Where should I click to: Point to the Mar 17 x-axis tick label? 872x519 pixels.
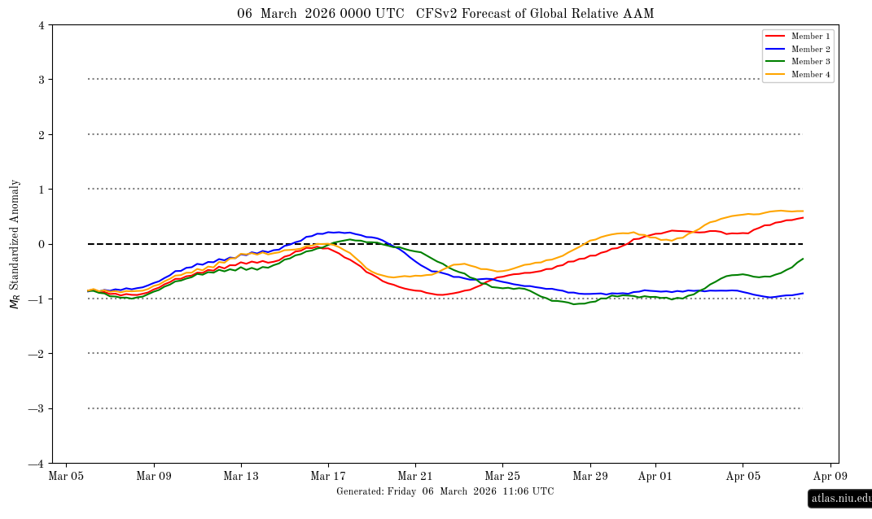328,477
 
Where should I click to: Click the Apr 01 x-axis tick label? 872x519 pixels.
655,477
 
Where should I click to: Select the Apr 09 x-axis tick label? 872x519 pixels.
830,477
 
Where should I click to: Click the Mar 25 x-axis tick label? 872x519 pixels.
502,477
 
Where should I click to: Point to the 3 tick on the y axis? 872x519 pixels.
41,80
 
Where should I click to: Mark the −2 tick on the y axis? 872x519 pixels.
37,354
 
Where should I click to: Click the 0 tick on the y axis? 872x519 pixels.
41,244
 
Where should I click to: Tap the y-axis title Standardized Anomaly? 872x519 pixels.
14,244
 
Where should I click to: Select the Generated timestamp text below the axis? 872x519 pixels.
445,492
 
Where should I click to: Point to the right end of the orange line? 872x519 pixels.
803,212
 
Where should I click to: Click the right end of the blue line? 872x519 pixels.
803,293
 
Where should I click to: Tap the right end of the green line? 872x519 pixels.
803,259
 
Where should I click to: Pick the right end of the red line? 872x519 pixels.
803,217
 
